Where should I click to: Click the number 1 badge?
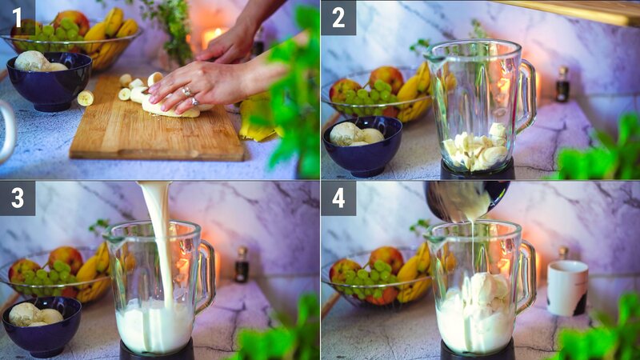click(17, 17)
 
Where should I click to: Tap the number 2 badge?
click(338, 17)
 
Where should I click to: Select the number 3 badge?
click(17, 198)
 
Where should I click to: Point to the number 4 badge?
click(338, 198)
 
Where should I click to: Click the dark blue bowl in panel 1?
click(50, 84)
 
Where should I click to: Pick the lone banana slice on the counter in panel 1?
click(85, 98)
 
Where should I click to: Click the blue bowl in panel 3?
click(42, 326)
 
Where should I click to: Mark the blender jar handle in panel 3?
click(205, 276)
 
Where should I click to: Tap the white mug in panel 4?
click(567, 287)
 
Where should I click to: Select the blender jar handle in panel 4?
click(526, 276)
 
